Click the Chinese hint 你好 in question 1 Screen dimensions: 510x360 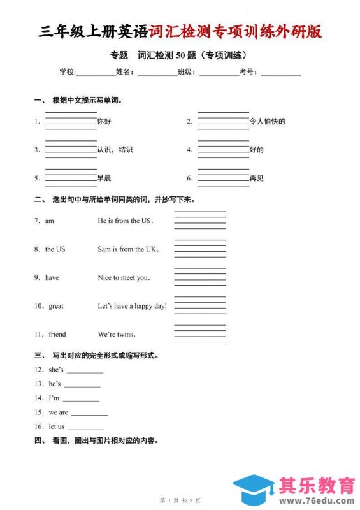(x=104, y=121)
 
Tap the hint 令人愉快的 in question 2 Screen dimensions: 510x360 (x=267, y=121)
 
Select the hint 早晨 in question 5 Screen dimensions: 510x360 (x=104, y=178)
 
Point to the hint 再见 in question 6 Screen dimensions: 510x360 (x=256, y=178)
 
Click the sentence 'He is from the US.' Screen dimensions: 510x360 (x=126, y=221)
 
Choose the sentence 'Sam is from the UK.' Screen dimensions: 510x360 (x=128, y=249)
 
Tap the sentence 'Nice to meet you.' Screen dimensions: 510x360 (x=124, y=277)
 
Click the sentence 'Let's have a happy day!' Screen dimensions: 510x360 (x=132, y=306)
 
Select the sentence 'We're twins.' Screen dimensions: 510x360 (x=117, y=334)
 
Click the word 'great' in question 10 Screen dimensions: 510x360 (x=56, y=306)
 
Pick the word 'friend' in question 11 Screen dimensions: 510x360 (x=57, y=334)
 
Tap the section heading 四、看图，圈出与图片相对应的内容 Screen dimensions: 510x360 (x=96, y=441)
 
